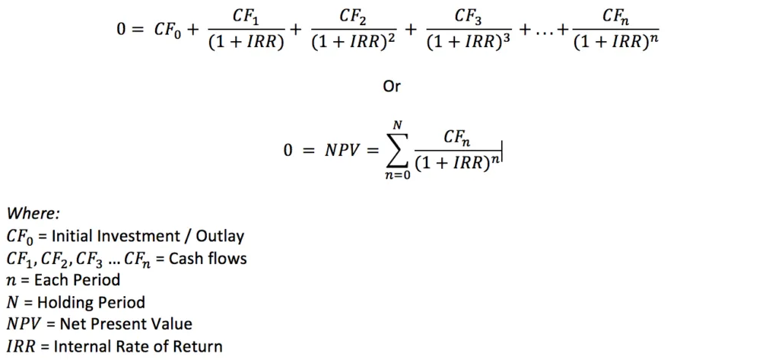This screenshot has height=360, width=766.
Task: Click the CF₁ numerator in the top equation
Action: click(246, 18)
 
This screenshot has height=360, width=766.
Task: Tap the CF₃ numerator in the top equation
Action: click(468, 18)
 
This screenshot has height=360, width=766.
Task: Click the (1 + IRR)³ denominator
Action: click(468, 43)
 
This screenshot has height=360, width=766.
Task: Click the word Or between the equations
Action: click(391, 87)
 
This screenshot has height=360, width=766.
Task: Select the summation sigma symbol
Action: click(396, 151)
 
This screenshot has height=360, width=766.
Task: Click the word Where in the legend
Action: click(33, 214)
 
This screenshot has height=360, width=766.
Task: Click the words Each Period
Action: click(76, 280)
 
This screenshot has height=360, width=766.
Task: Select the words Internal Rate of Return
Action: click(140, 346)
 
